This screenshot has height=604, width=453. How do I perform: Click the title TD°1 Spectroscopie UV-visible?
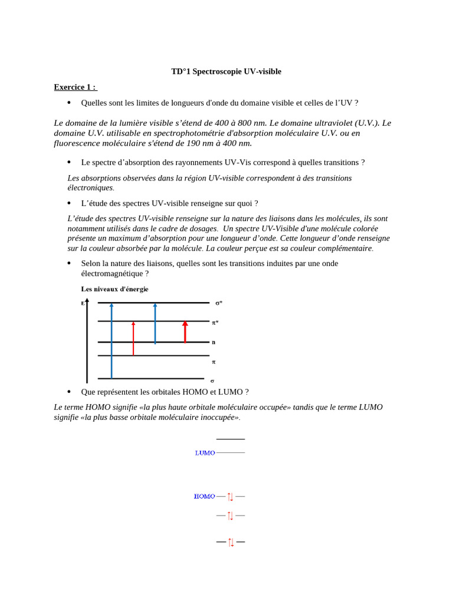pos(226,71)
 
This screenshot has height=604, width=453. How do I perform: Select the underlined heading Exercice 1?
pos(75,87)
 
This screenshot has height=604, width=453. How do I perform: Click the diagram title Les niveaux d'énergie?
pos(114,289)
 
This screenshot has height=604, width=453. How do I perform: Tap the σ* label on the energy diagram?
pos(218,303)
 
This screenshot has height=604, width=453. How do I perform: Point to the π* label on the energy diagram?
pos(215,323)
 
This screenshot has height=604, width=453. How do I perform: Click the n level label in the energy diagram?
pos(214,342)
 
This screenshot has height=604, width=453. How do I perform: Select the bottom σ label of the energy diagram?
pos(212,380)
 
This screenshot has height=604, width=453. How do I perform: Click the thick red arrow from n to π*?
pos(185,331)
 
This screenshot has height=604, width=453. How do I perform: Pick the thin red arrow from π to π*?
pos(133,339)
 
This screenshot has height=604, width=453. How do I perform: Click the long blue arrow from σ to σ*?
pos(111,340)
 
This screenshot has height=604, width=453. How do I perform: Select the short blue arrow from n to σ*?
pos(155,323)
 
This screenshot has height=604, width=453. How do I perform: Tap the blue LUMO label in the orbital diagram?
pos(205,453)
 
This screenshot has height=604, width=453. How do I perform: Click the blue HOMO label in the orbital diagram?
pos(204,497)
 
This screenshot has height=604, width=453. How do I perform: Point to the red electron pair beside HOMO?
pos(231,497)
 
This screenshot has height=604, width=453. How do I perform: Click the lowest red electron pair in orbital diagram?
pos(231,541)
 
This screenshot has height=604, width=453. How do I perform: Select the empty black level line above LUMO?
pos(231,439)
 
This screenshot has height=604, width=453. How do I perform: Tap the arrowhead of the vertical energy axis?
pos(87,301)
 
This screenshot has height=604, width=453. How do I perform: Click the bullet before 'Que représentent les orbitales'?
pos(69,392)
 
